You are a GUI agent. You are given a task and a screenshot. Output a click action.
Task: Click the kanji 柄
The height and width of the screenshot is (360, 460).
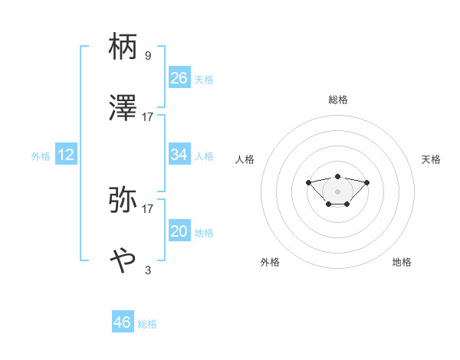[123, 47]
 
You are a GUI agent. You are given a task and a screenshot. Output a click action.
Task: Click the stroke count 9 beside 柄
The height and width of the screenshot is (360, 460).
[147, 56]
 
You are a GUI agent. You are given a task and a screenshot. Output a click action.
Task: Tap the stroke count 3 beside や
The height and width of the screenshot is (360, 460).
[147, 270]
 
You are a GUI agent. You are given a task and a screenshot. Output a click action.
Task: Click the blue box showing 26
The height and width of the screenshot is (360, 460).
[179, 77]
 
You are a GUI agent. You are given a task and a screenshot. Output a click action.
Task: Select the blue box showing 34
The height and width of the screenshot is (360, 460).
[179, 155]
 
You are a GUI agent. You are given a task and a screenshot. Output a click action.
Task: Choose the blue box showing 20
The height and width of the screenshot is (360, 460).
[179, 231]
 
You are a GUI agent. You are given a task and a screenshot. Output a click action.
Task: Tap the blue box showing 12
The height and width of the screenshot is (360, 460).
[66, 155]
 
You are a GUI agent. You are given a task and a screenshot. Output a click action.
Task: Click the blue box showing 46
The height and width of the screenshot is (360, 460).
[123, 322]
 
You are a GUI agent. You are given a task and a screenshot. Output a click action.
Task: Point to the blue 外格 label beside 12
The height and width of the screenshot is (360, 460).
[41, 156]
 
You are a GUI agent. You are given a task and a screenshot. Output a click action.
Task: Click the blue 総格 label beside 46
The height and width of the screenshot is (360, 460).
[147, 324]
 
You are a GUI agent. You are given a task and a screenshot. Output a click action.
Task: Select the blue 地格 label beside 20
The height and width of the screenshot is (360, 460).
[204, 233]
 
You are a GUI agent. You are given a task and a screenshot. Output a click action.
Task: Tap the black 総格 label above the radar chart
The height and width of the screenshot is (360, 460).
[338, 100]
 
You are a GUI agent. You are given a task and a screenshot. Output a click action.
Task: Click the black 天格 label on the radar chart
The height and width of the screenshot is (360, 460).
[431, 159]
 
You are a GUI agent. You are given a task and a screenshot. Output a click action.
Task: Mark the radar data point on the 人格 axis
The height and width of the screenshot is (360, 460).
[308, 182]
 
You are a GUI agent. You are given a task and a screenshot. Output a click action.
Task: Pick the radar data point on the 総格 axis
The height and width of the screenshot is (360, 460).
[338, 176]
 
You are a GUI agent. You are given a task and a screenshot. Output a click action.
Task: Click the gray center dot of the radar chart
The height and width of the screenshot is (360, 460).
[338, 191]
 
